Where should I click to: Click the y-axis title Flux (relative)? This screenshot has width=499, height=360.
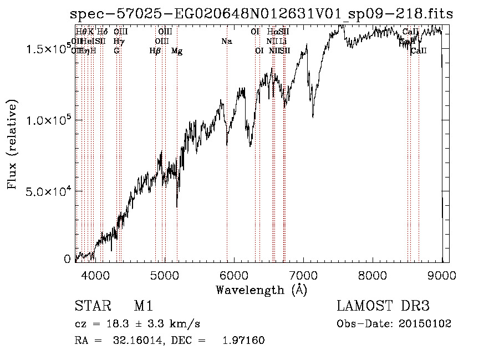[12, 144]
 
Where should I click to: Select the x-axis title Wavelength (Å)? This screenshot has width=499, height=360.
[261, 290]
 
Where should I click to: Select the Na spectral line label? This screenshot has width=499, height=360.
[226, 42]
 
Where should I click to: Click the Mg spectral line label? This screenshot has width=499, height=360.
[177, 51]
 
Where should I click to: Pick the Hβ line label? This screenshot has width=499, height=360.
[155, 51]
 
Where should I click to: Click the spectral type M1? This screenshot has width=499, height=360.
[143, 306]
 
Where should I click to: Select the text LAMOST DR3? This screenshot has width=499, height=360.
[383, 306]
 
